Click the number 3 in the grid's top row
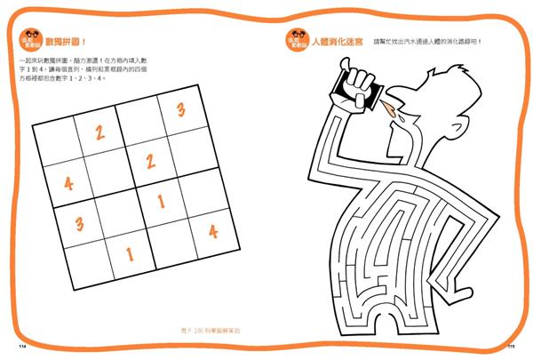[x=180, y=111]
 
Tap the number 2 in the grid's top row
[x=101, y=132]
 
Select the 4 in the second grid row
[x=68, y=184]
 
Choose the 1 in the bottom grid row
[x=129, y=253]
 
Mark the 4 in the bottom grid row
[x=212, y=231]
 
